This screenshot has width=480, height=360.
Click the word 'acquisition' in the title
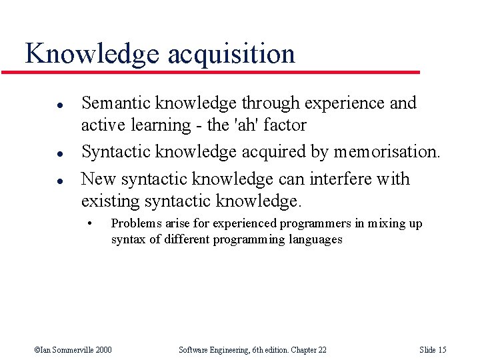[231, 54]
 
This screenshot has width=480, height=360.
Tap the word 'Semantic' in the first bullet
[116, 103]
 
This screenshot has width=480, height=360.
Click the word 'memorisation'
[385, 152]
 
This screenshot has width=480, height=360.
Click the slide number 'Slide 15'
[433, 349]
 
